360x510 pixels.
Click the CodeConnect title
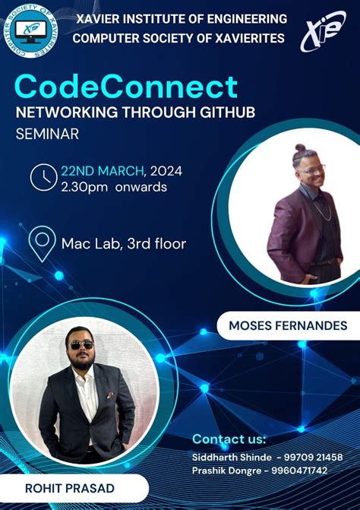(126, 86)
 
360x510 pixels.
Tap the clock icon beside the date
(43, 177)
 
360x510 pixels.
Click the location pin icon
(41, 243)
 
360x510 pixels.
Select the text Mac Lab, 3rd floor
(124, 244)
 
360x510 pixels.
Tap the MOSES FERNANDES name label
(288, 326)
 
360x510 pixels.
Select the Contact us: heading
(229, 439)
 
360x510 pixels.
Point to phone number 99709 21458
(313, 457)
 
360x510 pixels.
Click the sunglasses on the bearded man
(81, 344)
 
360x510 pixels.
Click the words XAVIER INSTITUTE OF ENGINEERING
(182, 18)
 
